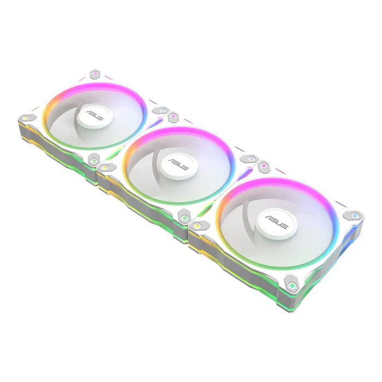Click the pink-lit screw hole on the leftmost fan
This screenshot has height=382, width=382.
point(95,73)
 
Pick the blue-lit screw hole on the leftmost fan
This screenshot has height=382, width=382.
point(162,110)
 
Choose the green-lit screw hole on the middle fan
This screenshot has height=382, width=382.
point(186,219)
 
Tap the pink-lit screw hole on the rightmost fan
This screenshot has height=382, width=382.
point(264,164)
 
